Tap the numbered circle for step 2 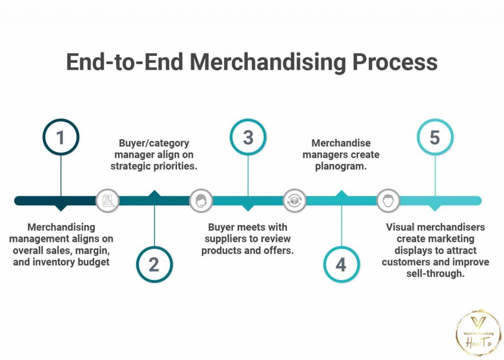pyautogui.click(x=154, y=264)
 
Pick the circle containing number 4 pyautogui.click(x=341, y=264)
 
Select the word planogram pyautogui.click(x=341, y=166)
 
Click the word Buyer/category pyautogui.click(x=154, y=143)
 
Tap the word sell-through pyautogui.click(x=435, y=273)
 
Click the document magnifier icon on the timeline pyautogui.click(x=107, y=201)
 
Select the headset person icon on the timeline pyautogui.click(x=201, y=201)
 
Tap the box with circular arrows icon pyautogui.click(x=294, y=201)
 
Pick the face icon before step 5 pyautogui.click(x=388, y=201)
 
